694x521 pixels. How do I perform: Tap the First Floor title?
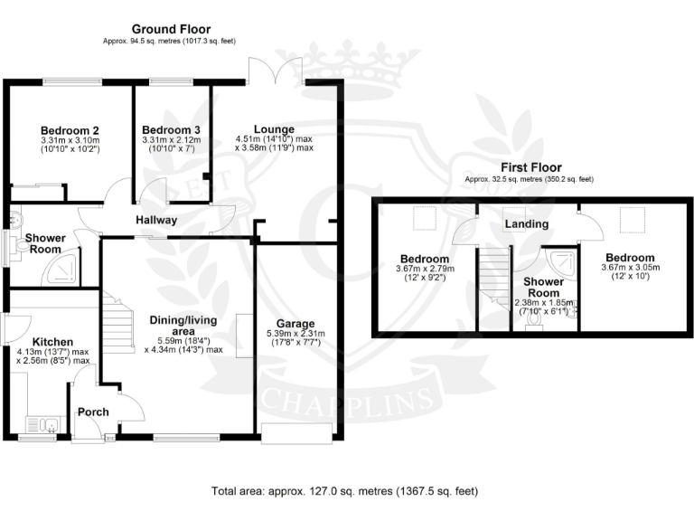[x=529, y=167]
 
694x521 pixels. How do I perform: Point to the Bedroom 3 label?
[x=171, y=128]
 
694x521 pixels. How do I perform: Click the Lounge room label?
[x=273, y=128]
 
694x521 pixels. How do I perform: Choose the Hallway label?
[x=156, y=221]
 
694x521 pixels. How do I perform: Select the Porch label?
[x=93, y=412]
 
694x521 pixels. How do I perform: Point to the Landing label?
[x=527, y=223]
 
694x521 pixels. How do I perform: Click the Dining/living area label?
[x=177, y=326]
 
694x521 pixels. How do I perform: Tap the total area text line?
[x=345, y=491]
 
